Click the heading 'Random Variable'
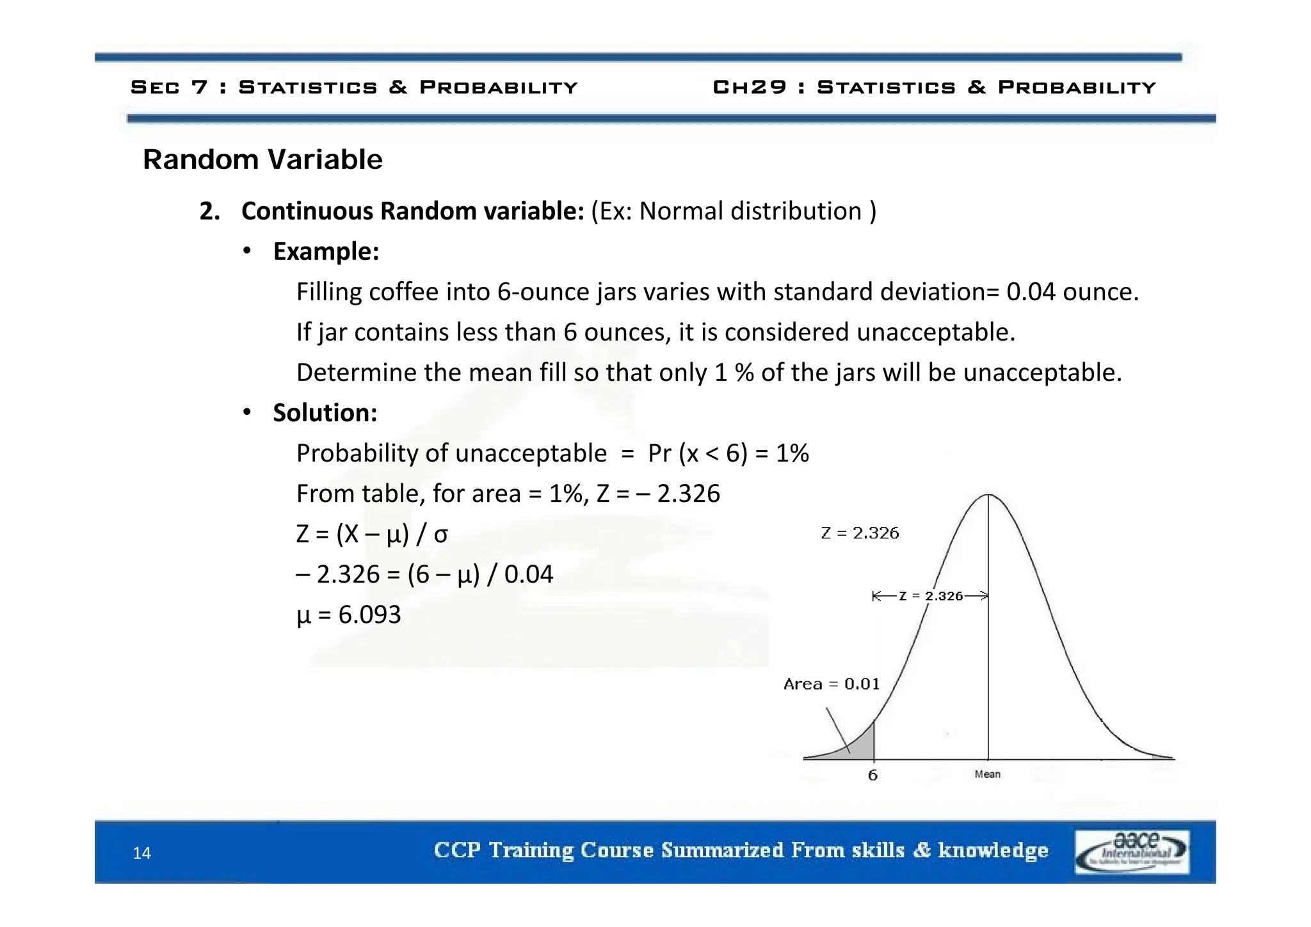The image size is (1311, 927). click(x=262, y=159)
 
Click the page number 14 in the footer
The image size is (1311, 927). click(x=141, y=853)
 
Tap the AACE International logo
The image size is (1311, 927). click(x=1132, y=851)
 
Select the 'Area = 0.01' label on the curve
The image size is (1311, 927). click(x=831, y=684)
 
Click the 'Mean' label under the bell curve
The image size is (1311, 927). click(x=987, y=774)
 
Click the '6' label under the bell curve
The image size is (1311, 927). click(x=873, y=775)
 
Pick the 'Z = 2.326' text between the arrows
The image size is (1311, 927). click(x=931, y=596)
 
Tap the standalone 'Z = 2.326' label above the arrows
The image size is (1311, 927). click(x=860, y=533)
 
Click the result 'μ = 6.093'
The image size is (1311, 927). click(x=349, y=615)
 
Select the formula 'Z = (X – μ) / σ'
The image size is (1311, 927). click(x=372, y=534)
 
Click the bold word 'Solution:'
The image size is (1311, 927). click(x=325, y=413)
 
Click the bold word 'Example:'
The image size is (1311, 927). click(x=326, y=252)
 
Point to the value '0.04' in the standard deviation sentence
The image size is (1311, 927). click(x=1031, y=292)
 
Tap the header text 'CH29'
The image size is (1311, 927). click(x=750, y=87)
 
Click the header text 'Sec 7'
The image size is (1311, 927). click(x=169, y=87)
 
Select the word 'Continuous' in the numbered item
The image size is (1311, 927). click(x=307, y=211)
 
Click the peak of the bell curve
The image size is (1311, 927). click(x=988, y=495)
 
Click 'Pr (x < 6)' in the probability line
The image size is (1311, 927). click(x=698, y=453)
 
